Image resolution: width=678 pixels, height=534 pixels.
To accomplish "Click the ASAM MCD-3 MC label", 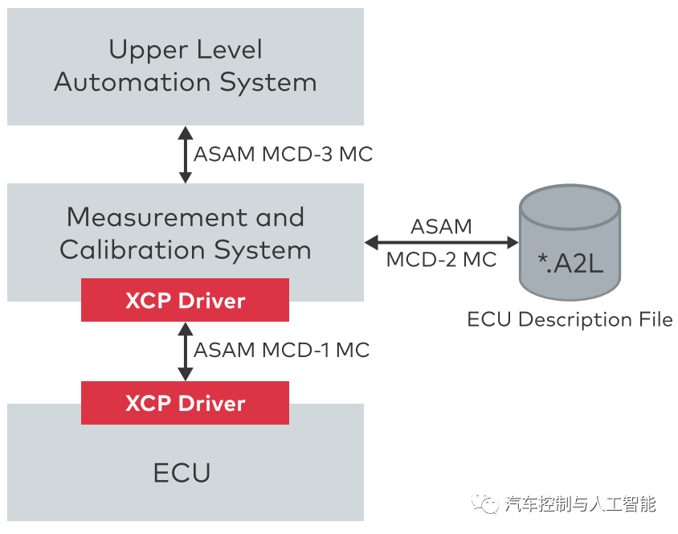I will (x=283, y=154).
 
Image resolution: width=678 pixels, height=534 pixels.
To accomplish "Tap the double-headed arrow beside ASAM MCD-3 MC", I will (x=186, y=154).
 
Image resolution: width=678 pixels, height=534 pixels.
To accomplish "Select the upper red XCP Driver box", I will (x=185, y=301).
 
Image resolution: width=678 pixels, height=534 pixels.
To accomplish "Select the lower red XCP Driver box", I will (x=185, y=403).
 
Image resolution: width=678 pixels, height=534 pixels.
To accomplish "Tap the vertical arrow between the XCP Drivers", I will (x=186, y=351).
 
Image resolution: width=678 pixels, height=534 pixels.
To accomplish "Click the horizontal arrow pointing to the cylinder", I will (x=441, y=241).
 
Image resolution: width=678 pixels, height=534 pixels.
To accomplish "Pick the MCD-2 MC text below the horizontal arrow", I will (x=441, y=260).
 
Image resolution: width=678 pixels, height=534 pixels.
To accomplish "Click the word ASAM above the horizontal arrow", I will (x=441, y=226).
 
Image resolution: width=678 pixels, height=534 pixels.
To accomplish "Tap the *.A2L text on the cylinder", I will (x=570, y=262).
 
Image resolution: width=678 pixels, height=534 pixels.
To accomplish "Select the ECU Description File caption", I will (x=570, y=320).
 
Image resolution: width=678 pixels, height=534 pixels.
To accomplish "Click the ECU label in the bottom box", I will (x=182, y=473).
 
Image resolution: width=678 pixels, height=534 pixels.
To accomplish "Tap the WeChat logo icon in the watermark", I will (x=486, y=503).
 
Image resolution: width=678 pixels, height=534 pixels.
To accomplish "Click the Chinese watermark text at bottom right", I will (x=581, y=504).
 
